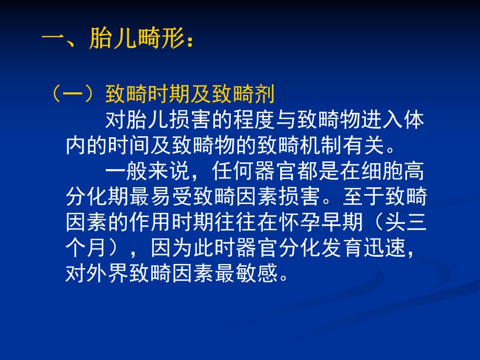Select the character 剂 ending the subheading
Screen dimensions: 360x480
pyautogui.click(x=265, y=95)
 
